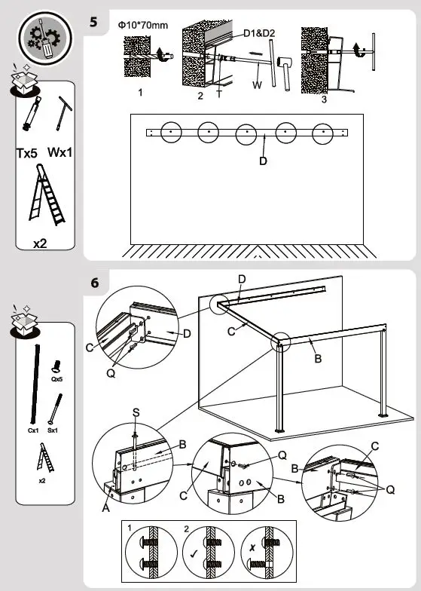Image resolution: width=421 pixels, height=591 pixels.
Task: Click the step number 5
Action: click(94, 20)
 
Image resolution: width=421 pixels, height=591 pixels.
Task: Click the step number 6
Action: click(94, 283)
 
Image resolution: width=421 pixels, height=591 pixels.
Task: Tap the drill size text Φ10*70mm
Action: click(143, 25)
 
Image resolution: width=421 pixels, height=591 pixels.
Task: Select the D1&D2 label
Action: click(259, 33)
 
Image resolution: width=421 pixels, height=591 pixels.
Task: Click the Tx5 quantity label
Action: click(28, 153)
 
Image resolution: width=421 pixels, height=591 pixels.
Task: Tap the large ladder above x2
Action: click(46, 198)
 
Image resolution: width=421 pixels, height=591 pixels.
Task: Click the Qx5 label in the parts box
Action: click(56, 381)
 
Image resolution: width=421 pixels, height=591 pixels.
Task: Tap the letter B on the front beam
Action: click(318, 359)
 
